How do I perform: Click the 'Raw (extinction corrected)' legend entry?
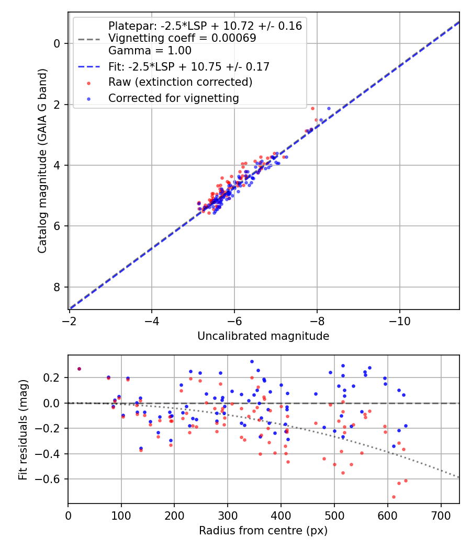180,82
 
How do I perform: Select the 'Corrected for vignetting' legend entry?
173,98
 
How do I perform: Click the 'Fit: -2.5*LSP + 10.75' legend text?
188,66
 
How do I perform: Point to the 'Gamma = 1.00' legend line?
150,51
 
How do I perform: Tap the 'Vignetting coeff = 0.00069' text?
182,38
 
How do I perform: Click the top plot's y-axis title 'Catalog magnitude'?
43,161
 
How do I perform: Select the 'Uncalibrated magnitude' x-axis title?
263,336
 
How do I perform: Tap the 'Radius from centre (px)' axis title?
263,530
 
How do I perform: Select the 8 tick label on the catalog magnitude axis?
58,287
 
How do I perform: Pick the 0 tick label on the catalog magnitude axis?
58,43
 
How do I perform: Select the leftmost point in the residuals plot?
79,369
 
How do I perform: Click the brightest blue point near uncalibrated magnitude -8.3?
329,109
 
